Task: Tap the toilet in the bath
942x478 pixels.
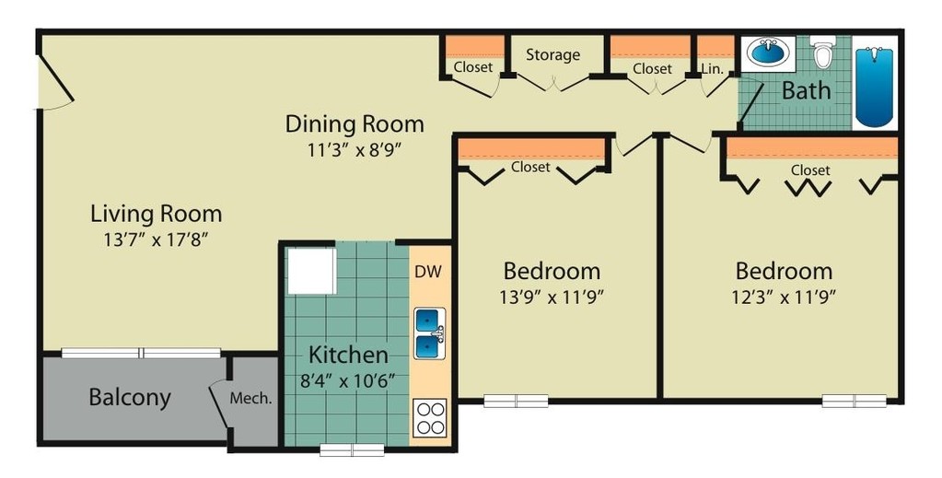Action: tap(822, 54)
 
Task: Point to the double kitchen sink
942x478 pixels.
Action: tap(430, 333)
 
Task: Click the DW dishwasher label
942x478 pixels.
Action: tap(426, 272)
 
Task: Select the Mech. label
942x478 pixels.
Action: tap(250, 399)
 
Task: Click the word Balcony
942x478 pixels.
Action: tap(130, 398)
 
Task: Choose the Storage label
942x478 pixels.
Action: tap(552, 54)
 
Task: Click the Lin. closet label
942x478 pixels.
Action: tap(712, 68)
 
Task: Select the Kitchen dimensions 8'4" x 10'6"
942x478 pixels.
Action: tap(346, 380)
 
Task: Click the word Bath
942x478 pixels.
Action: tap(806, 91)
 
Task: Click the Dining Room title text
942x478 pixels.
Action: tap(355, 123)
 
